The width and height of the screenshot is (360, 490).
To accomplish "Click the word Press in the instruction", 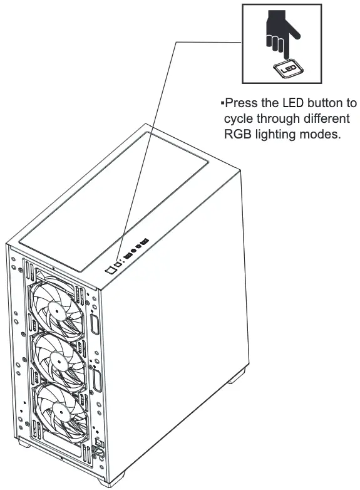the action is coord(241,103).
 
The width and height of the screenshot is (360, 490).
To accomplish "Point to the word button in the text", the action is coord(323,103).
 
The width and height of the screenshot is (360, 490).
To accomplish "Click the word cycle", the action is coord(239,119).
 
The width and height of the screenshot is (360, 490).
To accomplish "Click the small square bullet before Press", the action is coord(222,103).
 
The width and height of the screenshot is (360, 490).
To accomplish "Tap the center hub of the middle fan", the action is coord(58,360).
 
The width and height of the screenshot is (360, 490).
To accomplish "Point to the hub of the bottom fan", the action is coord(60,408).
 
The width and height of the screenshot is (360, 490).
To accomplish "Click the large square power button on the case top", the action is coord(110,269).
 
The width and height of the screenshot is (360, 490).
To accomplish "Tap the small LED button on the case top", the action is coord(118,264).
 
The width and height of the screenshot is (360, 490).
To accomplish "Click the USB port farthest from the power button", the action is coord(145,242).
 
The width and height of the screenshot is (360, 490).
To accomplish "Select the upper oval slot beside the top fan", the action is coord(95,324).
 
